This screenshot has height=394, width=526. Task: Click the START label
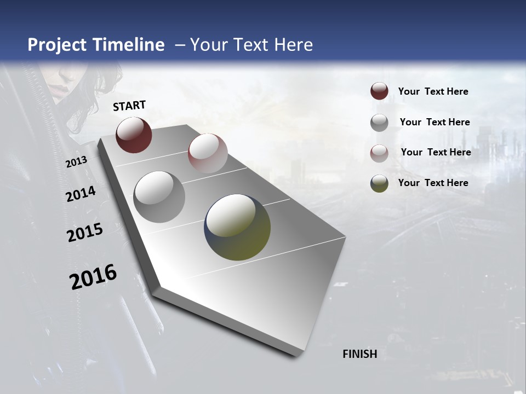(129, 106)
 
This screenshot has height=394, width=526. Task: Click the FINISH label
(359, 354)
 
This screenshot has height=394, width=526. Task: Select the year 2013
(76, 162)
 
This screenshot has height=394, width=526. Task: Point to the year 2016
(93, 277)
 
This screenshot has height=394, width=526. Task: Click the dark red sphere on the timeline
(134, 135)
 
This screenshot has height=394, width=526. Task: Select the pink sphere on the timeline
(208, 153)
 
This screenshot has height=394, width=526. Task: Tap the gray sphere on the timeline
(159, 197)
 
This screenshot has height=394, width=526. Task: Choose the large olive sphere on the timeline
(237, 227)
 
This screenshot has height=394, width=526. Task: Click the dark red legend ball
(379, 91)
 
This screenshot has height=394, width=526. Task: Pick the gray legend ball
(379, 123)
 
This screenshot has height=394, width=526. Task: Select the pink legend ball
(379, 153)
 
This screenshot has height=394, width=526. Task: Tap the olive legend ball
(379, 183)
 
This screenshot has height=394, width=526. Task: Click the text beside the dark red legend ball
(433, 91)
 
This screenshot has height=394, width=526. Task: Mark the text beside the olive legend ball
(433, 183)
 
